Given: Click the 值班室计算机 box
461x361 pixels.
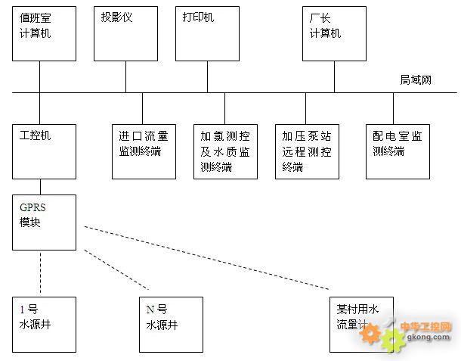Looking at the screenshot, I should tap(44, 33).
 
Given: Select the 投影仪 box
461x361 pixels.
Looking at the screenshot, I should tap(125, 33).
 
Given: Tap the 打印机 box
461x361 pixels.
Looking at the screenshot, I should tap(207, 33).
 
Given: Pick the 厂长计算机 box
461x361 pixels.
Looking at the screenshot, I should tap(334, 33).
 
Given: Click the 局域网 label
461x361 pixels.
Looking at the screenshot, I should tap(416, 79).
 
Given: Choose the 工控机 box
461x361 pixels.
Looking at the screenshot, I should tap(44, 151).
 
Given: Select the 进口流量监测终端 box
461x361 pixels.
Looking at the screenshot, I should tap(144, 151).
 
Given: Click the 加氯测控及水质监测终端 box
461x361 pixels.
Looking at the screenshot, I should tap(225, 151).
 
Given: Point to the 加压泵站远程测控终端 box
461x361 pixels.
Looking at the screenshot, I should tap(307, 151).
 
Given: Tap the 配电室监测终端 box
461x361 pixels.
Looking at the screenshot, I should tap(398, 151).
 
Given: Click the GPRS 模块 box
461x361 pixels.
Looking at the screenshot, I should tap(44, 222).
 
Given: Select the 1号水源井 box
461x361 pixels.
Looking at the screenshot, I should tap(44, 325).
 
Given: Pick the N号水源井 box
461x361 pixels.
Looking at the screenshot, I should tap(172, 325).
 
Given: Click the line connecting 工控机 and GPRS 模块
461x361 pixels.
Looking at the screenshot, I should tap(40, 186).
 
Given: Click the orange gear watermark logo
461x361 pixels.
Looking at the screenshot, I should tap(391, 339).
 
